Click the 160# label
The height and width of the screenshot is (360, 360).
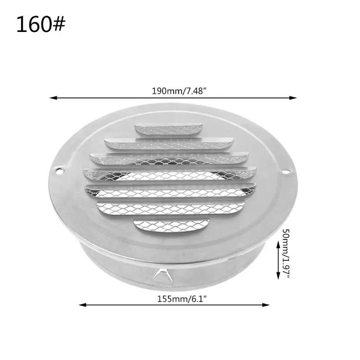(x=40, y=25)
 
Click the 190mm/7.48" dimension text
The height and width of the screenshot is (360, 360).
(x=179, y=90)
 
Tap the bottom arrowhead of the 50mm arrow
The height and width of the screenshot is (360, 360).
(x=276, y=279)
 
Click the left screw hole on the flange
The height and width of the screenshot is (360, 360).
(x=58, y=171)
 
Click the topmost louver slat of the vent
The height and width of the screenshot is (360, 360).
(x=169, y=129)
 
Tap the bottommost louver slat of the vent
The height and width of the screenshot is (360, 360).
(x=171, y=224)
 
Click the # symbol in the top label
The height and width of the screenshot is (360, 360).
(x=58, y=25)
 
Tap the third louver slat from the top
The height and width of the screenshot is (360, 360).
(x=169, y=158)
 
